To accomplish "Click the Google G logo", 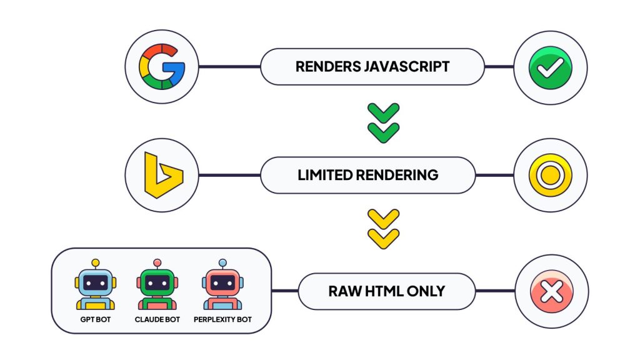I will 162,66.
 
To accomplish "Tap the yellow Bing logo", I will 162,174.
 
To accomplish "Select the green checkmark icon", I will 551,66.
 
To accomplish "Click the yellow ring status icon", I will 551,174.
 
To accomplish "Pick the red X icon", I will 551,291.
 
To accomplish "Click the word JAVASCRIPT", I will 406,67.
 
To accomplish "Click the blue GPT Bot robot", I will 96,285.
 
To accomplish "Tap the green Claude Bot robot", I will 157,285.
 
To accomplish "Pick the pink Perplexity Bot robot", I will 222,285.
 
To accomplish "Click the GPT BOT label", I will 96,320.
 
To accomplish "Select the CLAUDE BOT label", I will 157,320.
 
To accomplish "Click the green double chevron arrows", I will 382,121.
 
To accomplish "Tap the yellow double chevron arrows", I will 382,229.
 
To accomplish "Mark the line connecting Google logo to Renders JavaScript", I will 229,66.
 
